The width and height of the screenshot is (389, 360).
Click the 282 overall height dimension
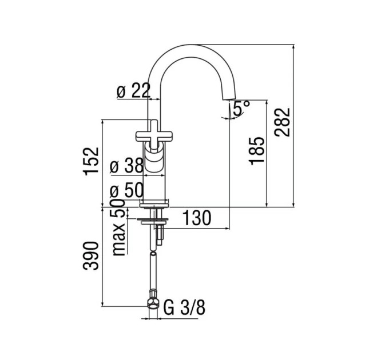(283, 122)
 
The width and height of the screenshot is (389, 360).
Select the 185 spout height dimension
(256, 151)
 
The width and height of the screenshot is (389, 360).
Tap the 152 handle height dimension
(92, 162)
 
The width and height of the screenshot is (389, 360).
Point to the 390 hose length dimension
(91, 255)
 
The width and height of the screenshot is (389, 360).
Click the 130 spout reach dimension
(197, 218)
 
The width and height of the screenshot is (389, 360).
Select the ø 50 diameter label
(127, 190)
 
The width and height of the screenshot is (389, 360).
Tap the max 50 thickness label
(118, 227)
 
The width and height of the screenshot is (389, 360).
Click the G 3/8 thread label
(184, 307)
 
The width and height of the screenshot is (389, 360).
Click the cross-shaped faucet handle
(154, 135)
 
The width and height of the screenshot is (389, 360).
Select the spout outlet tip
(228, 99)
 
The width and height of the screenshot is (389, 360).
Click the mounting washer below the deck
(154, 221)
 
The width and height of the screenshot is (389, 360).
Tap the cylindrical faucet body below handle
(154, 176)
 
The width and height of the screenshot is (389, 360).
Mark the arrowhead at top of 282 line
(293, 47)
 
